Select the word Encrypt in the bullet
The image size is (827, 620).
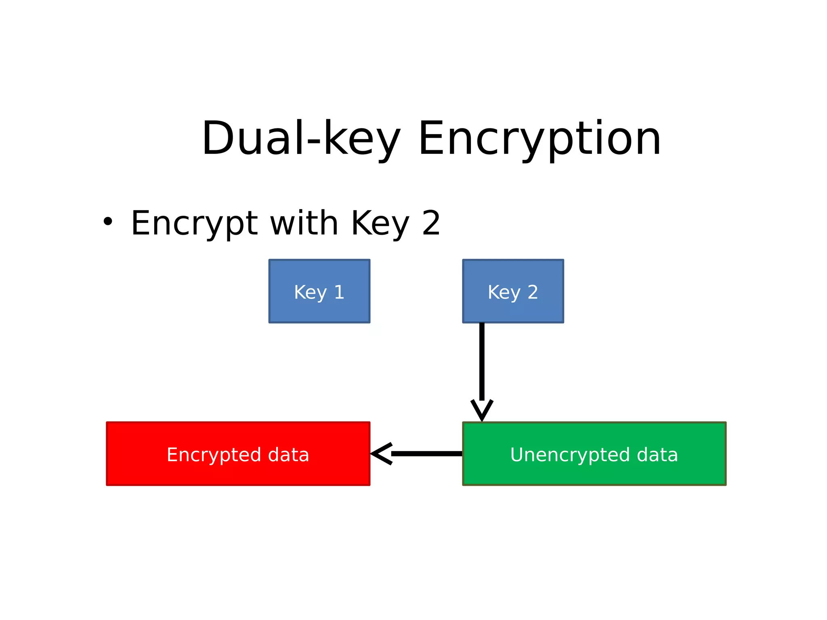coord(194,223)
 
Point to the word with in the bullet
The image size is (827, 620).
coord(304,223)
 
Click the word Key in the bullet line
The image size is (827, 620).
coord(380,223)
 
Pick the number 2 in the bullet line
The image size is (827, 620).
coord(431,223)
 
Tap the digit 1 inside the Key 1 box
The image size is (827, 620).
coord(339,292)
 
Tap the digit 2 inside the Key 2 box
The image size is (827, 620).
coord(533,292)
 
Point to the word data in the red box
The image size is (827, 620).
coord(288,455)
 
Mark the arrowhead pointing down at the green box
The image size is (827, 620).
coord(482,411)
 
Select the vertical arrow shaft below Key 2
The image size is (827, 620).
coord(482,361)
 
